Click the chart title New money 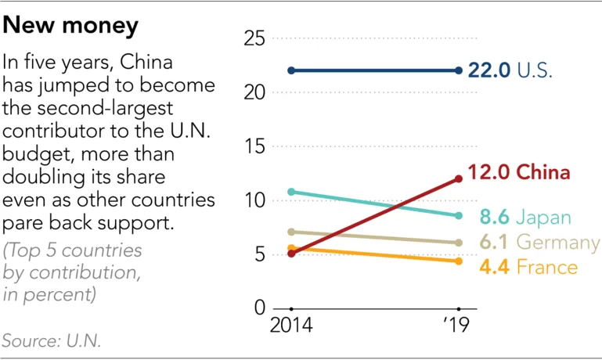click(x=71, y=27)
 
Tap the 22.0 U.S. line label click(x=510, y=70)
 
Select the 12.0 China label click(x=517, y=172)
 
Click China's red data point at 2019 click(x=459, y=178)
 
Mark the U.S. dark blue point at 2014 click(x=291, y=70)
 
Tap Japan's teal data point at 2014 click(x=291, y=191)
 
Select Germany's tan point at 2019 click(x=459, y=243)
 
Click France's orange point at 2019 click(x=459, y=261)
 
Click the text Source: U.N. click(x=52, y=341)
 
